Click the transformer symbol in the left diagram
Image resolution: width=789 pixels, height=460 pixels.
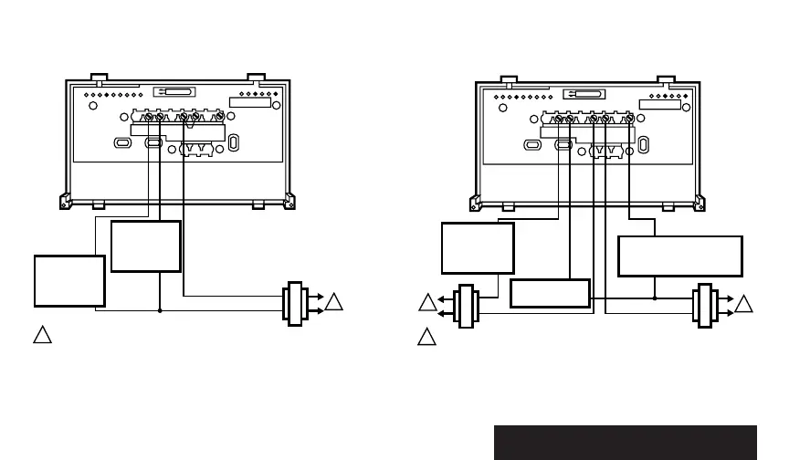click(x=294, y=303)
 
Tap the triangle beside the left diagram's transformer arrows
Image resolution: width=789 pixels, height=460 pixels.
click(x=335, y=302)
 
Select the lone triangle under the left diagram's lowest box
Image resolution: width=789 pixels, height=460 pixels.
click(x=41, y=335)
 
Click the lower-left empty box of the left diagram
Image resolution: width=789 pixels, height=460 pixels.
click(x=69, y=281)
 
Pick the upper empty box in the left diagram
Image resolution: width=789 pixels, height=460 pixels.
click(x=146, y=246)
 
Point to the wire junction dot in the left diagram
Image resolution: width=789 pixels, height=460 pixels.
click(x=160, y=310)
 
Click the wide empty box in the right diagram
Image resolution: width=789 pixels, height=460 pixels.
click(x=680, y=256)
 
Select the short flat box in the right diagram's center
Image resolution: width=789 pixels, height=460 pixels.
click(x=550, y=294)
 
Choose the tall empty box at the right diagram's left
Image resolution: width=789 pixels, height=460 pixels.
click(x=477, y=247)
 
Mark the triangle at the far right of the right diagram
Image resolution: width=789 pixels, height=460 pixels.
click(x=746, y=303)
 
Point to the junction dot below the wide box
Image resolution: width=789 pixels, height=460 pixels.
click(x=656, y=297)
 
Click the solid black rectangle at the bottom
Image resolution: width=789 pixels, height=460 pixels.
click(x=626, y=442)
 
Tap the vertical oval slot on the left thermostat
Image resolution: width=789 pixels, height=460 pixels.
click(x=233, y=143)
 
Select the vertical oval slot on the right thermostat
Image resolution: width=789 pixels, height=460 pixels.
click(x=644, y=143)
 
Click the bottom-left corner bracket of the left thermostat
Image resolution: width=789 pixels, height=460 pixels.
click(x=64, y=202)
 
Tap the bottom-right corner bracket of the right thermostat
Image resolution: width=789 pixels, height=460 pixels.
click(x=699, y=202)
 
